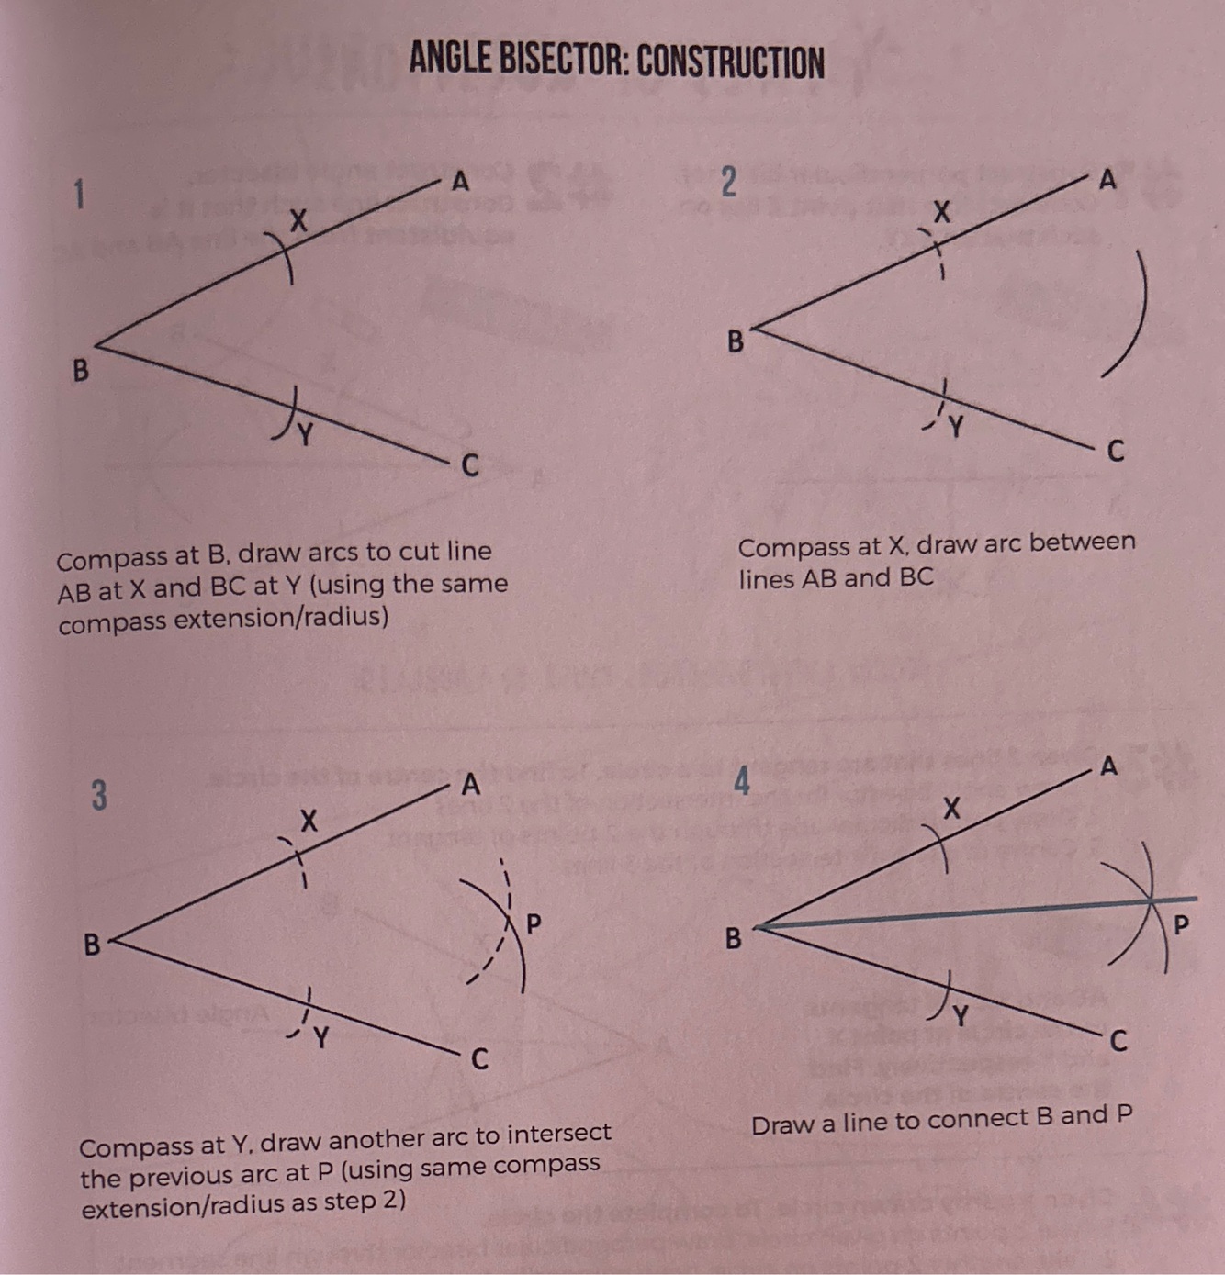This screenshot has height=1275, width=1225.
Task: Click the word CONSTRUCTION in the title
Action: [730, 62]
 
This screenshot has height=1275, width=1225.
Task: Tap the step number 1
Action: [79, 195]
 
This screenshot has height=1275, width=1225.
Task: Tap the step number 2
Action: [727, 182]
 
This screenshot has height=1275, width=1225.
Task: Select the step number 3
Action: [98, 795]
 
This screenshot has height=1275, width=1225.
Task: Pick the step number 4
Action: [742, 782]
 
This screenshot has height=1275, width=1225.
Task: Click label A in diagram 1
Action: [460, 182]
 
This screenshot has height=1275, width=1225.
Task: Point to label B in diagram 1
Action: [81, 371]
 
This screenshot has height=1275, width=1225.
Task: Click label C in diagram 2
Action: [1116, 452]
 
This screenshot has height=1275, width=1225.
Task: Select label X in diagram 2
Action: [941, 213]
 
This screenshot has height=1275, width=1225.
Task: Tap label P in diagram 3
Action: [534, 922]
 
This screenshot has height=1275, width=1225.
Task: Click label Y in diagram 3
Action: [320, 1038]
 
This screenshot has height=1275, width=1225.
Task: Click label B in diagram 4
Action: [733, 939]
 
